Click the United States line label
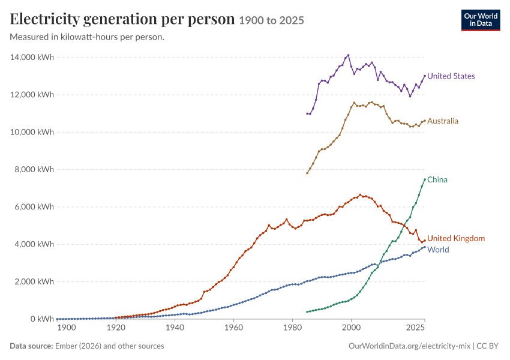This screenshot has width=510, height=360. click(x=451, y=76)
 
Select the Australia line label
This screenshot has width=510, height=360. click(x=442, y=121)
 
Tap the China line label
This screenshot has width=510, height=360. click(x=437, y=180)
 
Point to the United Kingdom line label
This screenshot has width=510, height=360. click(x=456, y=238)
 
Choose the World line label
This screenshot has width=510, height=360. click(x=438, y=250)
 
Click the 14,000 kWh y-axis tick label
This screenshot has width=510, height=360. click(x=32, y=57)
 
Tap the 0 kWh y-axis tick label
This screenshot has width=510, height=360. click(x=42, y=319)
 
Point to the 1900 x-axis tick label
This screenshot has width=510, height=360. click(x=67, y=328)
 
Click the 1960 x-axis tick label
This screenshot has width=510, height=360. click(x=233, y=328)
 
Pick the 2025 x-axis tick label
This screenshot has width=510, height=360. click(x=415, y=328)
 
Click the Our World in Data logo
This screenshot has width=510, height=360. click(x=481, y=20)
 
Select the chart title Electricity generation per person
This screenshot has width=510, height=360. click(x=122, y=19)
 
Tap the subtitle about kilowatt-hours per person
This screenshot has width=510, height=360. click(x=87, y=37)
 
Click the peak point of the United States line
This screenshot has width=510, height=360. click(x=349, y=55)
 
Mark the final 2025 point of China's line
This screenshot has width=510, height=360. click(x=425, y=179)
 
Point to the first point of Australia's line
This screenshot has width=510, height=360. click(x=307, y=173)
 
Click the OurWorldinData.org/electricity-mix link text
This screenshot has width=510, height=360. click(x=409, y=346)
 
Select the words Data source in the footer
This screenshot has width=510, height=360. click(x=31, y=346)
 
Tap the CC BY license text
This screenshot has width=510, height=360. click(x=487, y=346)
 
